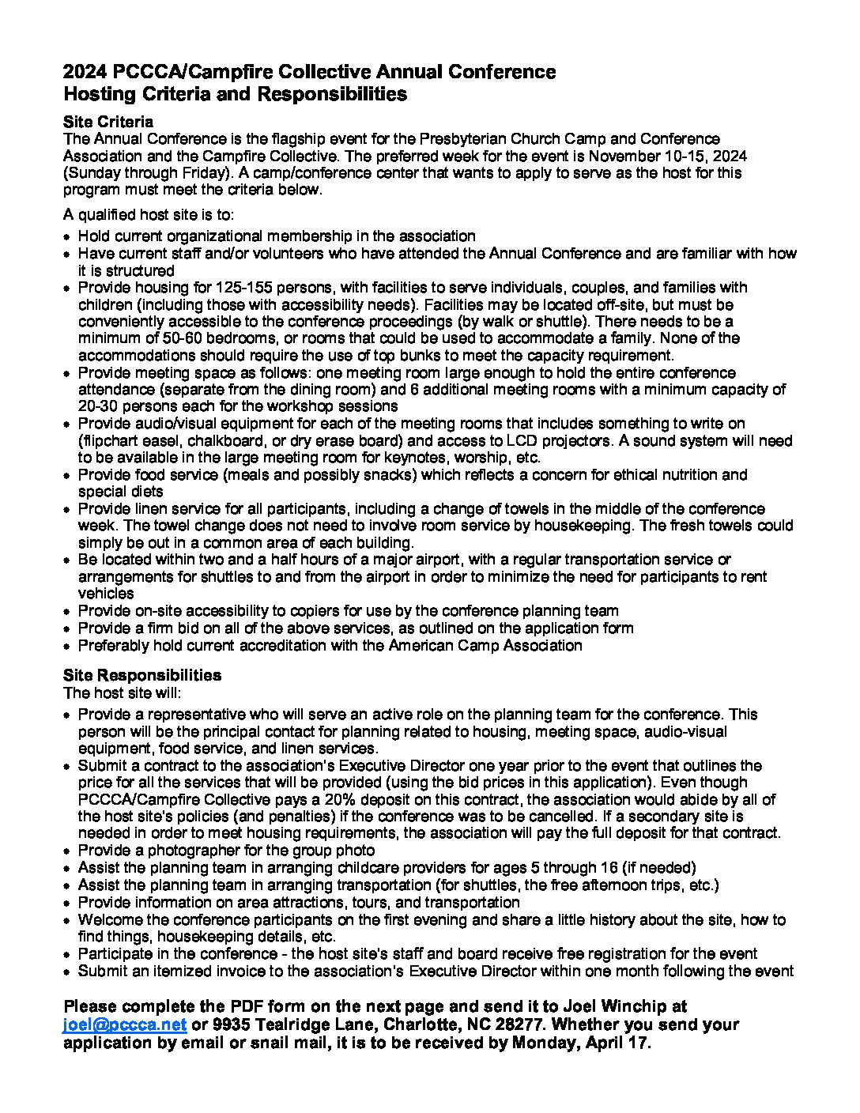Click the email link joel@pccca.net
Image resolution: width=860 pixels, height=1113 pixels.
(125, 1024)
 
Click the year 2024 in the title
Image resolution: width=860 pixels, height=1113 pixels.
(85, 72)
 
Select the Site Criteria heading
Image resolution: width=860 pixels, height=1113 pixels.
(108, 122)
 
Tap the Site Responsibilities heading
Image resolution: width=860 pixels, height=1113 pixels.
(142, 675)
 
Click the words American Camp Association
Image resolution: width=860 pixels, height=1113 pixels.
(485, 645)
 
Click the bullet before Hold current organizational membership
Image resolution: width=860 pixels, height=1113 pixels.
(69, 236)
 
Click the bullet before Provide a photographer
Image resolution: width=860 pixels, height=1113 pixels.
(69, 851)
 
